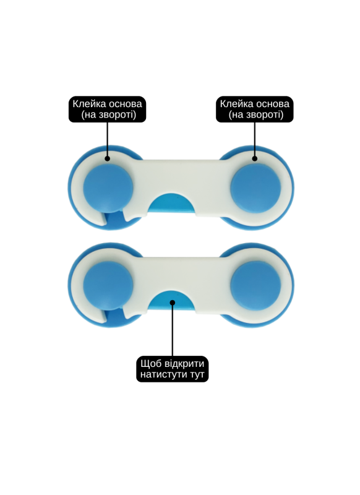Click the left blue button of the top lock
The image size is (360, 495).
108,188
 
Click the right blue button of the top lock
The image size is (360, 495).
255,188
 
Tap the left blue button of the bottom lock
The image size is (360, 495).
108,285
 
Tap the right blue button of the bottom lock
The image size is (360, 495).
255,285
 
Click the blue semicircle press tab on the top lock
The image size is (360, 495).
172,204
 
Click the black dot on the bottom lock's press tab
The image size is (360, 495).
173,303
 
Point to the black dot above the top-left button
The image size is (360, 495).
107,158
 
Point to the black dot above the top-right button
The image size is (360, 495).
255,158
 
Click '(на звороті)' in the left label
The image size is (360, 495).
108,114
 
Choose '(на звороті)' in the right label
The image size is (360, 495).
256,114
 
